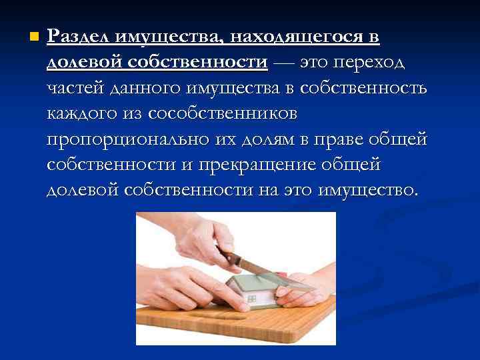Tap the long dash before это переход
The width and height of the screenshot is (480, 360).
pyautogui.click(x=283, y=63)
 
